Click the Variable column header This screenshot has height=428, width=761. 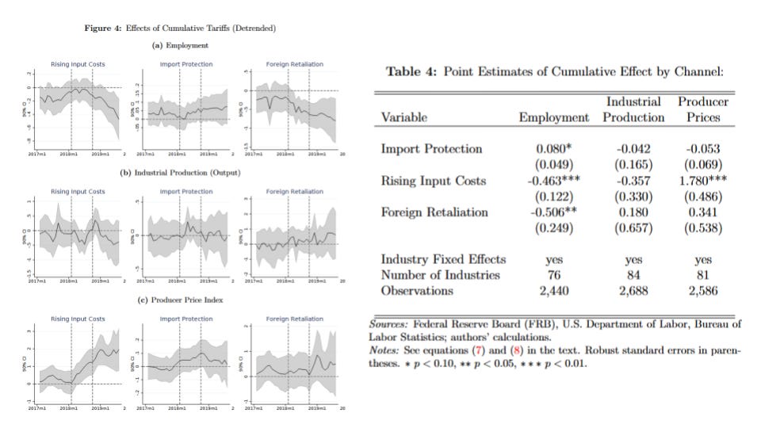tap(404, 117)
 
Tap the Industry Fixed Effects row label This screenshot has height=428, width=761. tap(444, 259)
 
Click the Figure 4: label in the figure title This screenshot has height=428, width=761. tap(101, 29)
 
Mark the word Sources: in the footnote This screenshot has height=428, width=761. tap(388, 324)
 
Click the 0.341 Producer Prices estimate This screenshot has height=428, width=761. tap(702, 212)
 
